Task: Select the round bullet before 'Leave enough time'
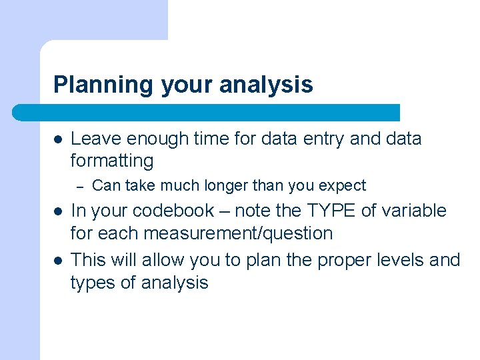(58, 139)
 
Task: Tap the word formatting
(112, 161)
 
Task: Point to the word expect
(345, 186)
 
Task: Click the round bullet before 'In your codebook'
(58, 211)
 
